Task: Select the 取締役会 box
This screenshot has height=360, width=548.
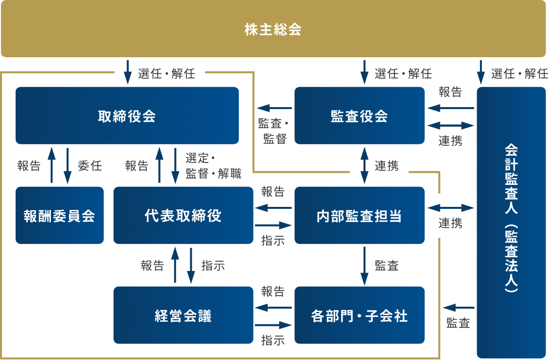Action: pyautogui.click(x=127, y=116)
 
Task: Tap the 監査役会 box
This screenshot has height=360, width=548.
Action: pyautogui.click(x=359, y=116)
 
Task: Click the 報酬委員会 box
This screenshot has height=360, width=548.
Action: pyautogui.click(x=59, y=215)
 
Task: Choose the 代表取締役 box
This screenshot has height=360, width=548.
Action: pyautogui.click(x=183, y=215)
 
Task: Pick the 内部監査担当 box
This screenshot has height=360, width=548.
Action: pyautogui.click(x=359, y=215)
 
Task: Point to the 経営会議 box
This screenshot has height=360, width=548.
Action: pyautogui.click(x=183, y=315)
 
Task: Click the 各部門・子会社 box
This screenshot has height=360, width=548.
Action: pyautogui.click(x=359, y=315)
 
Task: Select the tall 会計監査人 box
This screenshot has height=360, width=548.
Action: pyautogui.click(x=511, y=223)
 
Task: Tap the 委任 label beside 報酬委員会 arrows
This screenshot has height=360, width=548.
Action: pyautogui.click(x=90, y=166)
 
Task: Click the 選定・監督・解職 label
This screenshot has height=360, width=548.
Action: pyautogui.click(x=213, y=166)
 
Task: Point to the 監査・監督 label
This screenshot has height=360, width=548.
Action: pyautogui.click(x=274, y=131)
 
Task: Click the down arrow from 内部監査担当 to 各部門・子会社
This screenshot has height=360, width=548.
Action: pyautogui.click(x=365, y=266)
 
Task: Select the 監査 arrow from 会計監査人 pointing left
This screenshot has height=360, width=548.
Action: pyautogui.click(x=458, y=308)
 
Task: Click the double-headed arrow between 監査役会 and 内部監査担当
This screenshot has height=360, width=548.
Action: pyautogui.click(x=365, y=165)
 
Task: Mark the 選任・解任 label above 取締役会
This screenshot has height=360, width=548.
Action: pyautogui.click(x=166, y=74)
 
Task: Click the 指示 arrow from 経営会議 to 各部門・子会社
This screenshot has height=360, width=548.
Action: pyautogui.click(x=274, y=325)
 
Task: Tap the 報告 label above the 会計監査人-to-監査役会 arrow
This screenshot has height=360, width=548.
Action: pyautogui.click(x=450, y=92)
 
